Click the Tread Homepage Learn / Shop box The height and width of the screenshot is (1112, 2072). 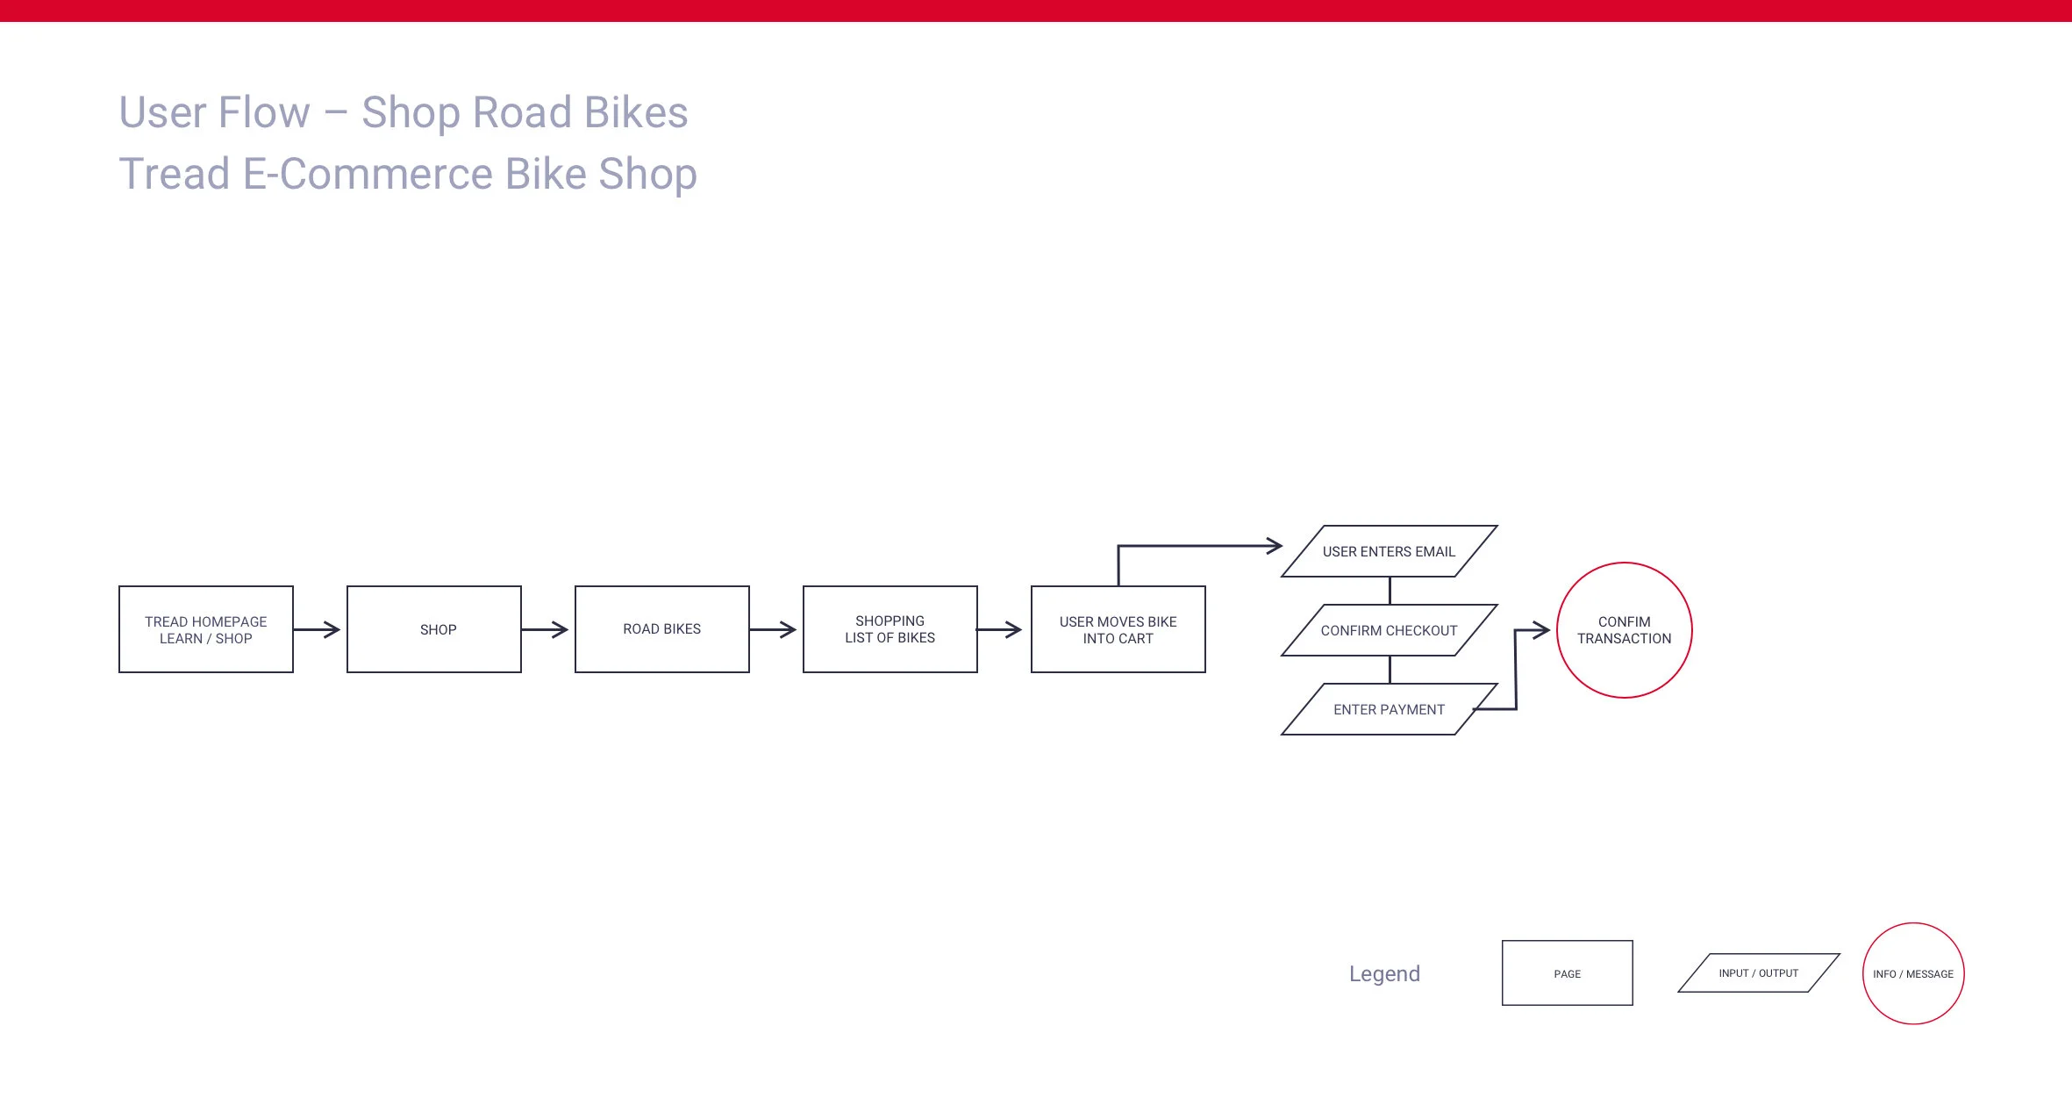206,629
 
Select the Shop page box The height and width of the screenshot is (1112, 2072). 434,629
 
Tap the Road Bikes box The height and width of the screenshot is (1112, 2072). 662,629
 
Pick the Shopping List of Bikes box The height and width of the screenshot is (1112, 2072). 890,629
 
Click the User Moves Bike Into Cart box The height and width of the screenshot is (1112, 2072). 1118,629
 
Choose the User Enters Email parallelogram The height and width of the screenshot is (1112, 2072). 1389,551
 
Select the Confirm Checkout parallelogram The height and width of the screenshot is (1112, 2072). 1389,630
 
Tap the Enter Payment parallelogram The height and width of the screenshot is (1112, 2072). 1389,709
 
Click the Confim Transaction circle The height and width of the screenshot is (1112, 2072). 1625,630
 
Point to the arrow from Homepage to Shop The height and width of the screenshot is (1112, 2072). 317,629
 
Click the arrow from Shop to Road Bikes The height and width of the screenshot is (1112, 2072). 545,629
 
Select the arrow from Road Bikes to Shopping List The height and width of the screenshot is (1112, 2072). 773,629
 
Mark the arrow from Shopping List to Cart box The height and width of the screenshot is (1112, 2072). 999,629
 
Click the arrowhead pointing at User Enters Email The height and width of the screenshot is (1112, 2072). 1274,546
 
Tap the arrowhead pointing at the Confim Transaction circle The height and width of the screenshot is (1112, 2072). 1540,630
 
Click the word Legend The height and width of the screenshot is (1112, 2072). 1384,973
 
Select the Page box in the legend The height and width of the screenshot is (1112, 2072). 1568,973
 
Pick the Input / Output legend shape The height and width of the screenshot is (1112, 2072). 1759,973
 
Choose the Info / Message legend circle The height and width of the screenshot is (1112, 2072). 1913,973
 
